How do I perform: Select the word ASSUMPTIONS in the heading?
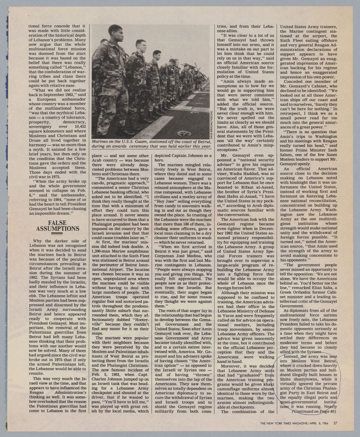click(x=57, y=229)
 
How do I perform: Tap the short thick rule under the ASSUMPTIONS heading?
click(x=57, y=234)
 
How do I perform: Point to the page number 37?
click(x=335, y=423)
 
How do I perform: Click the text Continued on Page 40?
click(x=314, y=411)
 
